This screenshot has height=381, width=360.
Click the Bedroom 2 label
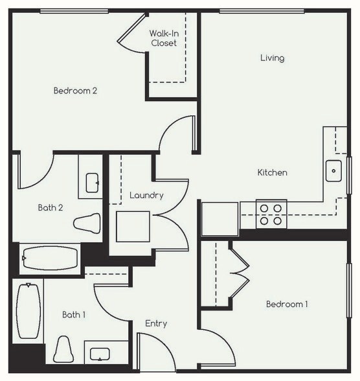[75, 91]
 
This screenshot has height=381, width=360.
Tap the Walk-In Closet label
[163, 38]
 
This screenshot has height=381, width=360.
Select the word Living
[272, 58]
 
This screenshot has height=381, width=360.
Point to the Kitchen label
[272, 173]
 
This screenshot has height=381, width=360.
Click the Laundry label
[146, 195]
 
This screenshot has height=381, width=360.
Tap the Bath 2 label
[49, 208]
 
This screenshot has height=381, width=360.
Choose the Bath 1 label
[74, 315]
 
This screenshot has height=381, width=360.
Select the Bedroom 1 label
[287, 304]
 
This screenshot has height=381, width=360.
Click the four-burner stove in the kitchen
[271, 214]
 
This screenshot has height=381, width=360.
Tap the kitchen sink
[333, 172]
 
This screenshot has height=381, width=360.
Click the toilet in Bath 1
[63, 350]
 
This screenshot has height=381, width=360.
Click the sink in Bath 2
[91, 180]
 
